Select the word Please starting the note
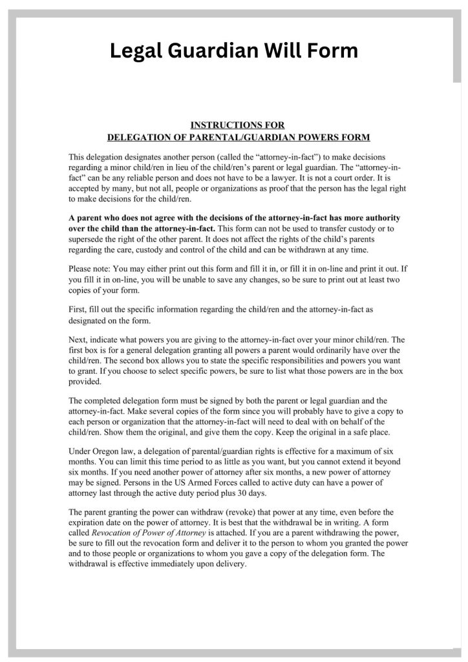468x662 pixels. [x=81, y=268]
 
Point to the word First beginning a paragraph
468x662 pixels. [x=78, y=310]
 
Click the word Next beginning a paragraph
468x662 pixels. [x=78, y=339]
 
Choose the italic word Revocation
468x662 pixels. [x=114, y=533]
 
